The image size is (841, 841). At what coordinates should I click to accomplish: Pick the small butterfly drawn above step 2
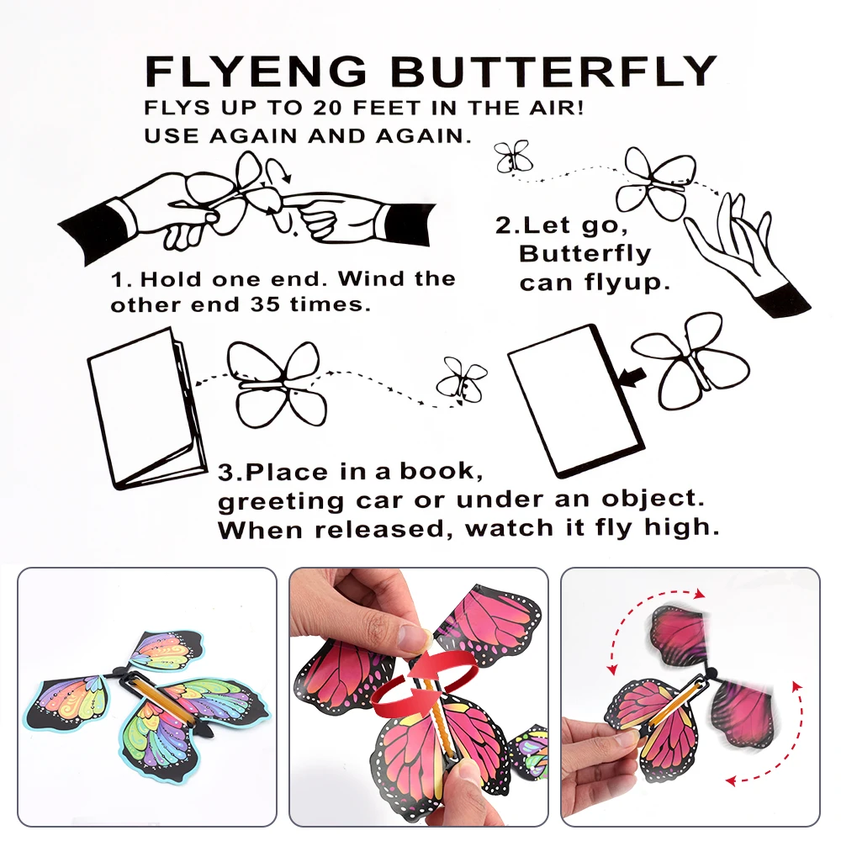512,156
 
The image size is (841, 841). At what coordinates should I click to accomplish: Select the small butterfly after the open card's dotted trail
461,379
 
